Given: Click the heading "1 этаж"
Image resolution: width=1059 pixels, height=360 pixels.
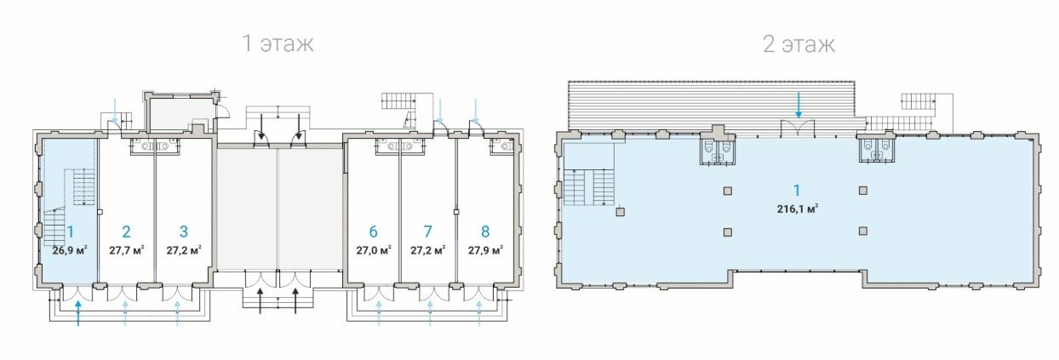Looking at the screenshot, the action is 278,43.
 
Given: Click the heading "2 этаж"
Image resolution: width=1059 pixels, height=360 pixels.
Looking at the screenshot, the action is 799,44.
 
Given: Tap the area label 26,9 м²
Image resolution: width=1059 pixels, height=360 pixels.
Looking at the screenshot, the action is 70,250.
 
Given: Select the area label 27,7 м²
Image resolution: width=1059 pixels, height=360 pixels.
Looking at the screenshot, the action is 127,250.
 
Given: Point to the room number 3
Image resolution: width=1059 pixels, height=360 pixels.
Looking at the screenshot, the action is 183,231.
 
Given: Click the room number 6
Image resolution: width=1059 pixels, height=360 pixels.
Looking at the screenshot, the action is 373,231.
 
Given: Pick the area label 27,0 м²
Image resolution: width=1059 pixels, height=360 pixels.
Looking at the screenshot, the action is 374,250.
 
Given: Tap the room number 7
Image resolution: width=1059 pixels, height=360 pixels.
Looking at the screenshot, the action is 427,231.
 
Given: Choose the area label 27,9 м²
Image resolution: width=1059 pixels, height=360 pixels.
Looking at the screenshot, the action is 485,250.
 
